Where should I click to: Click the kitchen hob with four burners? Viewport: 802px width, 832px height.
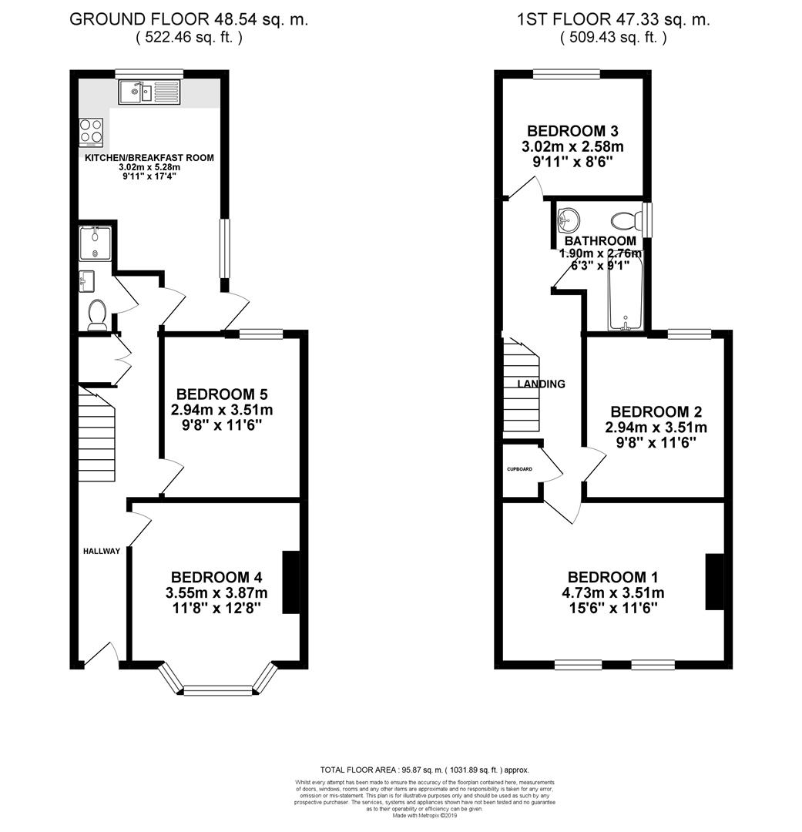pyautogui.click(x=92, y=131)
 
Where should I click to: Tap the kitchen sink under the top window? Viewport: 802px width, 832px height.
pyautogui.click(x=149, y=93)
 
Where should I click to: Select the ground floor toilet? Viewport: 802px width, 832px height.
pyautogui.click(x=97, y=314)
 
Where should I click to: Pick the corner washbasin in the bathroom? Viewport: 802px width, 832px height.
pyautogui.click(x=568, y=219)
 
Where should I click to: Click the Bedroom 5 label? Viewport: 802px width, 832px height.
pyautogui.click(x=222, y=394)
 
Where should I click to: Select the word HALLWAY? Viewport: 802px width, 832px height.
pyautogui.click(x=102, y=551)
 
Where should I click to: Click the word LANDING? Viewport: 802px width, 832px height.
pyautogui.click(x=541, y=384)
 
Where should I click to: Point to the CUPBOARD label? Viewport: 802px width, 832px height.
pyautogui.click(x=518, y=469)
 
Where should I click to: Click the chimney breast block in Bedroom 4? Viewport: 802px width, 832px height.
pyautogui.click(x=290, y=582)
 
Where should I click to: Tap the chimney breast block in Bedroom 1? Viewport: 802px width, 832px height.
pyautogui.click(x=714, y=582)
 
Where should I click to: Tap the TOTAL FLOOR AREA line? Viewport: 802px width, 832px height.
pyautogui.click(x=424, y=770)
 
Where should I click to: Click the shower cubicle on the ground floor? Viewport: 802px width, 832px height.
pyautogui.click(x=96, y=242)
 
